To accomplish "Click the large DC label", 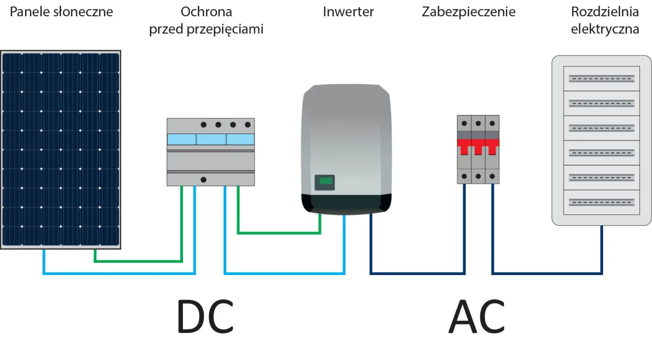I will click(x=205, y=317).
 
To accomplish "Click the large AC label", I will click(x=477, y=317).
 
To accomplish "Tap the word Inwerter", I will click(x=348, y=12).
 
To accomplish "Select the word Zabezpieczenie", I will click(x=468, y=12).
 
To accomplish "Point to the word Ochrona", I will click(x=206, y=12).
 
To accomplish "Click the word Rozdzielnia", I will click(x=605, y=12).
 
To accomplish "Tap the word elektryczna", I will click(x=605, y=29).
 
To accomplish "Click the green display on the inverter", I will click(x=324, y=181).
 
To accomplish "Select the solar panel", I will click(x=60, y=149).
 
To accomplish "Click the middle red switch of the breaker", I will click(x=478, y=148).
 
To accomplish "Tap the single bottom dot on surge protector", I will click(x=203, y=180).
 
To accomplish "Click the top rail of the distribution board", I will click(x=602, y=78).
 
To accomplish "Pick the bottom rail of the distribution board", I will click(x=602, y=202).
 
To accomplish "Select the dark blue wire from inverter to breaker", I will click(x=418, y=273).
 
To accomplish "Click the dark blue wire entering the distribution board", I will click(x=602, y=250).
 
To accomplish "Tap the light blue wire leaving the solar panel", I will click(x=44, y=262).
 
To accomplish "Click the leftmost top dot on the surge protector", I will click(x=203, y=125).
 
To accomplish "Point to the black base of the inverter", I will click(x=346, y=205).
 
